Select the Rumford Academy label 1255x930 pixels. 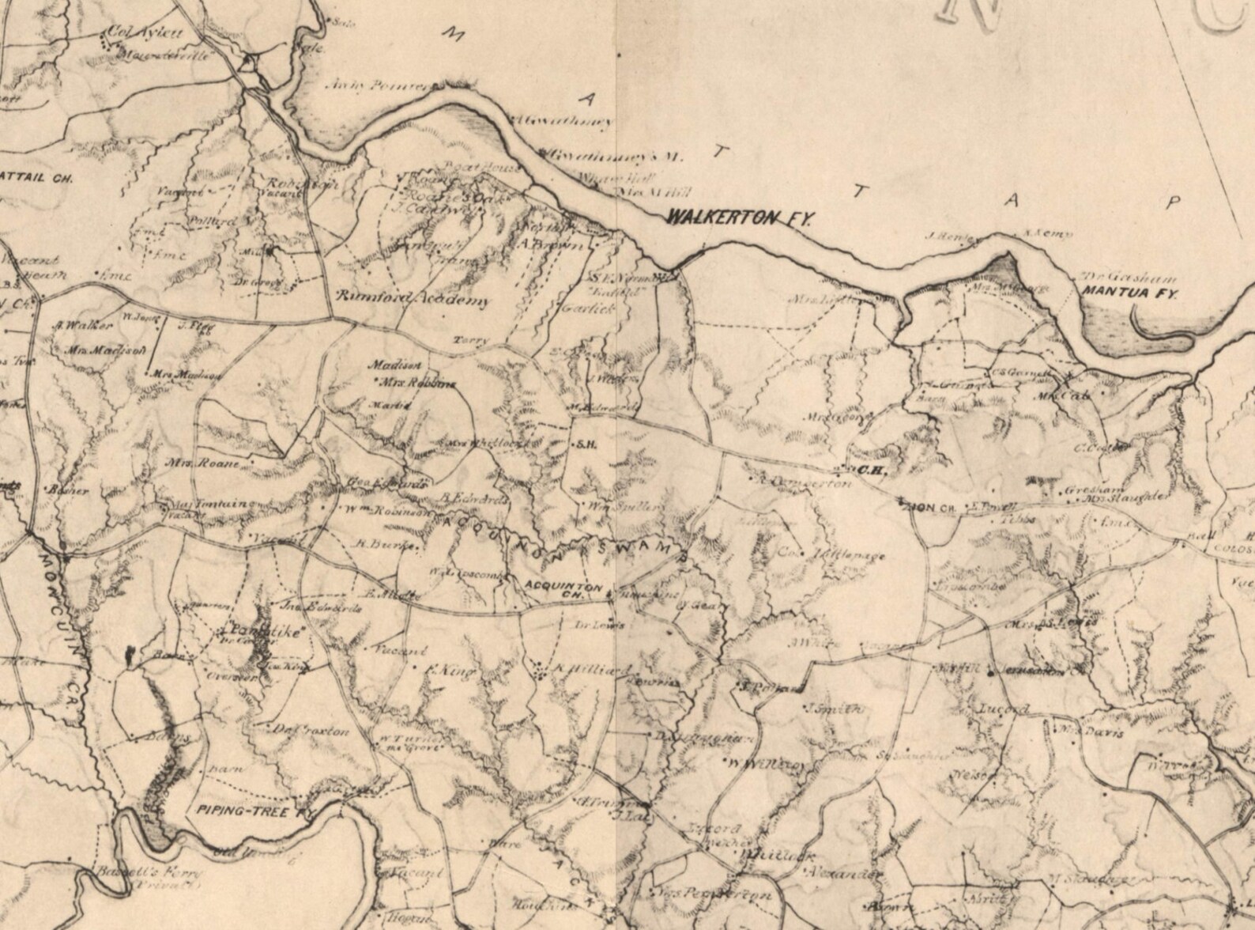point(413,300)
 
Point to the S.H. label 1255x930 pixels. point(587,444)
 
